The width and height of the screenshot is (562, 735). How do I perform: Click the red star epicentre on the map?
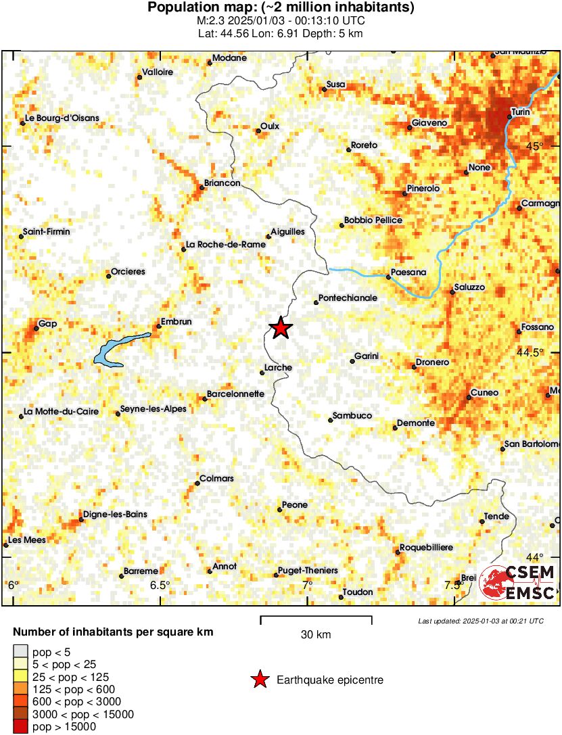(281, 329)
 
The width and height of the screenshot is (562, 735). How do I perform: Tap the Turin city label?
(520, 111)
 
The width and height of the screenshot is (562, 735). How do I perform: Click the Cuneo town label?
(484, 392)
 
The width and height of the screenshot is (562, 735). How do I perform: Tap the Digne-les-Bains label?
(116, 515)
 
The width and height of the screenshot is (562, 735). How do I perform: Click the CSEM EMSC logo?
(517, 582)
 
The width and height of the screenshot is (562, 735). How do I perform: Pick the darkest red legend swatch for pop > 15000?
(20, 727)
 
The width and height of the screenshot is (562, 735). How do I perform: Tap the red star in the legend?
(259, 680)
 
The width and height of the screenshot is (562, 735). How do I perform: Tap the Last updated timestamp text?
(480, 621)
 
